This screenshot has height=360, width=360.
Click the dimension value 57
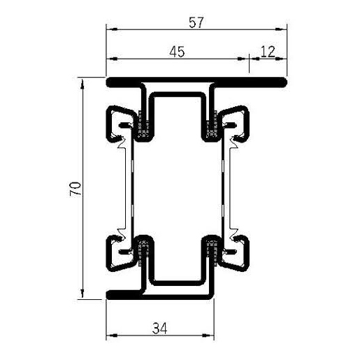pos(196,22)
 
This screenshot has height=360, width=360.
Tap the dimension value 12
pos(267,50)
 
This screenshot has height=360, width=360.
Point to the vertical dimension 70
pos(76,189)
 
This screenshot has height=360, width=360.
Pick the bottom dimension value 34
pos(159,325)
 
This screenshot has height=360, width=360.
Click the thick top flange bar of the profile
pos(196,82)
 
